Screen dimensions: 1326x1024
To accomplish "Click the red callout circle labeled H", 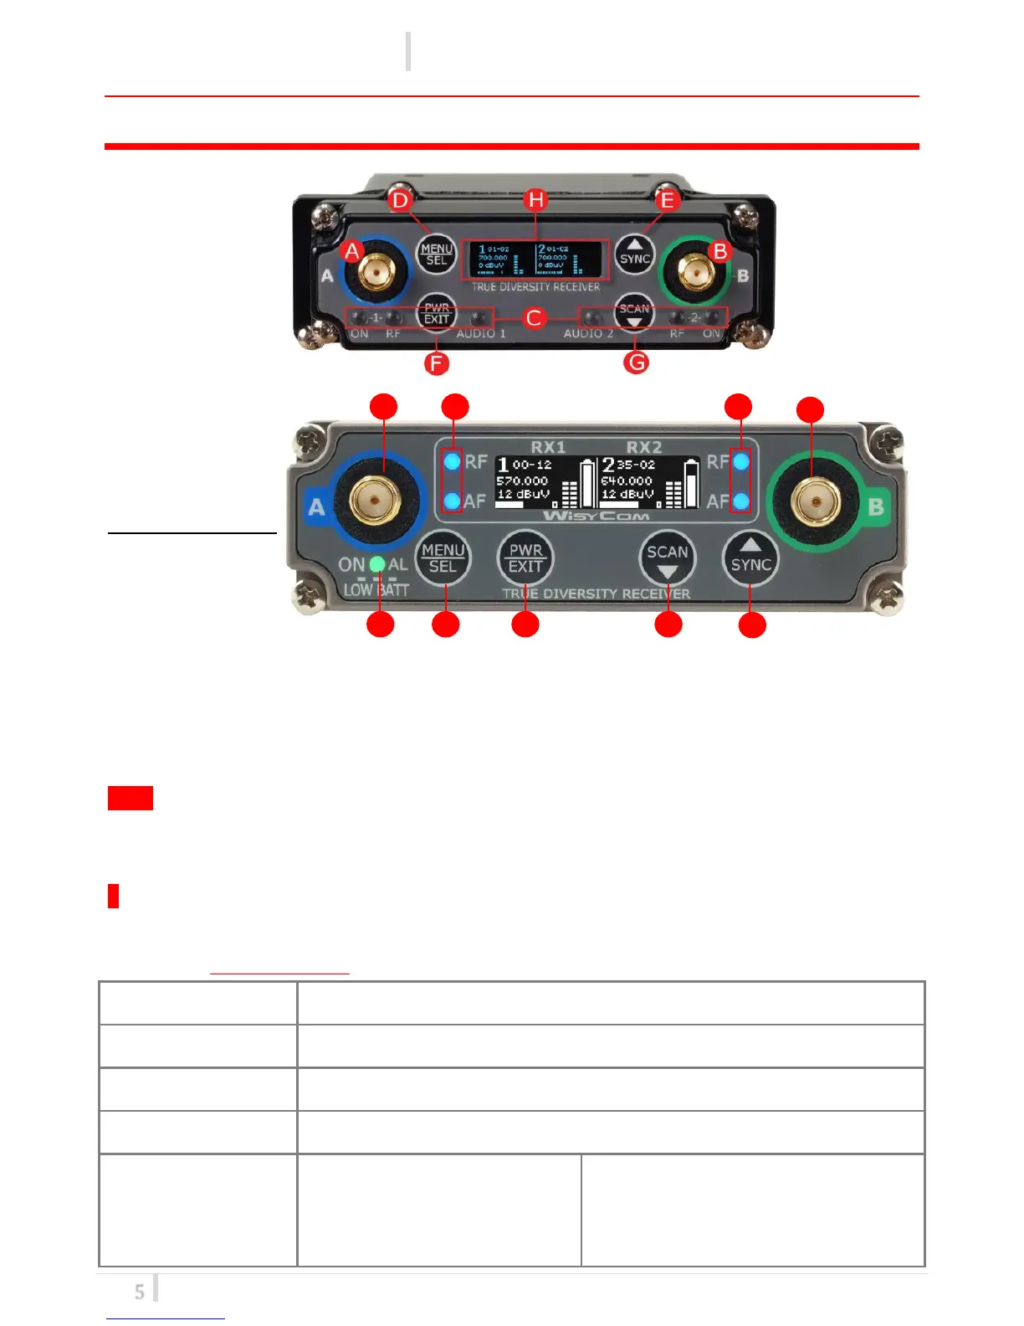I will coord(535,199).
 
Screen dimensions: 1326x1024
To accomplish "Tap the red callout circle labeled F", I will coord(436,363).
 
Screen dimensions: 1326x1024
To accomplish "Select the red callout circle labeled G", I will coord(637,362).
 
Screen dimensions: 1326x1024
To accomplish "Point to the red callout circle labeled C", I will coord(534,318).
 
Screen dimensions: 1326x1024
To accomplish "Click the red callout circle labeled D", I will coord(400,199).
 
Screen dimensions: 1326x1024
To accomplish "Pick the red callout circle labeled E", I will coord(667,199).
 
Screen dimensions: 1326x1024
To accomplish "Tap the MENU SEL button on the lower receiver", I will coord(443,558).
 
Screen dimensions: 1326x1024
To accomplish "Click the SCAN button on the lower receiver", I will coord(667,558).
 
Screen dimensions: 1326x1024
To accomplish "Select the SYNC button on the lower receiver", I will coord(750,558).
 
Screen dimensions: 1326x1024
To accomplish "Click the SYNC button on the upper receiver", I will coord(635,254).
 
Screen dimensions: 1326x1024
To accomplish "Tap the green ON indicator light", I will coord(377,564).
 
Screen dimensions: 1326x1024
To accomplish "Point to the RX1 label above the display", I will coord(548,447).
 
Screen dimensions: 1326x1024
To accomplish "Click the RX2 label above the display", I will coord(643,447).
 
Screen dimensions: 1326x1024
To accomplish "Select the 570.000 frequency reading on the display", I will coord(522,481).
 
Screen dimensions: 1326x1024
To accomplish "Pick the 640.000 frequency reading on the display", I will coord(627,481).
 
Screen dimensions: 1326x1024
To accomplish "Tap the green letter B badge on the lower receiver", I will coord(876,507).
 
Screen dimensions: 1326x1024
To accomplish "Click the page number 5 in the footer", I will coord(139,1292).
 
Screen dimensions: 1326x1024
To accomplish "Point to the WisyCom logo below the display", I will coord(596,516).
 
